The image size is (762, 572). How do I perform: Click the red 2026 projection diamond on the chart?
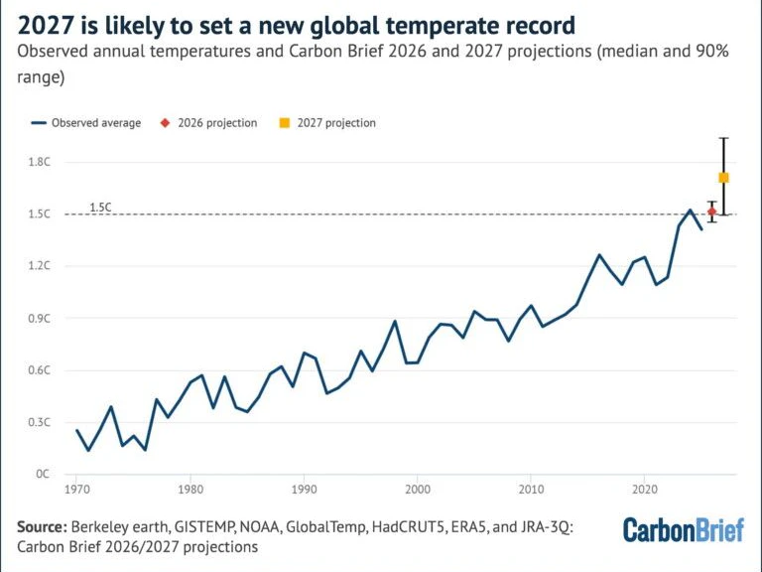tap(712, 212)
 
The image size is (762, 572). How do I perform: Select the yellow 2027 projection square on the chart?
tap(723, 178)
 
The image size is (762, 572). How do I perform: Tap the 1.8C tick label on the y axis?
tap(40, 162)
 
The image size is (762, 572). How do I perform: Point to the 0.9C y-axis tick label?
tap(40, 319)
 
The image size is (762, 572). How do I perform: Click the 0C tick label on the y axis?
tap(43, 474)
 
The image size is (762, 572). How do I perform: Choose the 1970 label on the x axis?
tap(76, 490)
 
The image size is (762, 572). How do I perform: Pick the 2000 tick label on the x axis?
tap(418, 490)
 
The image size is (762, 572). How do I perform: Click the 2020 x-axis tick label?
tap(644, 490)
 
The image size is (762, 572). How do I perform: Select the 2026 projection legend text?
tap(217, 123)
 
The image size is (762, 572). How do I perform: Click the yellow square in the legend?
tap(285, 123)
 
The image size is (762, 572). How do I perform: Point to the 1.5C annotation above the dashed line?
tap(100, 208)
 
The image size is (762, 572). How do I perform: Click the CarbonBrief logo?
tap(684, 529)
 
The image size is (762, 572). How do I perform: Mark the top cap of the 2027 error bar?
tap(724, 139)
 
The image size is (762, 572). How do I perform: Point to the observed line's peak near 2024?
tap(690, 211)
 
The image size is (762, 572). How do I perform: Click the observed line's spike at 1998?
tap(395, 321)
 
